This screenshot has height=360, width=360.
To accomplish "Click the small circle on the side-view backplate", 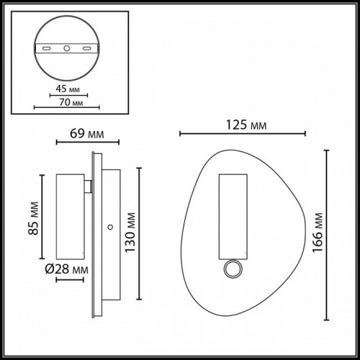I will click(x=109, y=227).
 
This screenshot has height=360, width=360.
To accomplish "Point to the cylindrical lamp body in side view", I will click(x=69, y=217).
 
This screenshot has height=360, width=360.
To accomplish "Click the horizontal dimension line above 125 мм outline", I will click(x=242, y=134).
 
